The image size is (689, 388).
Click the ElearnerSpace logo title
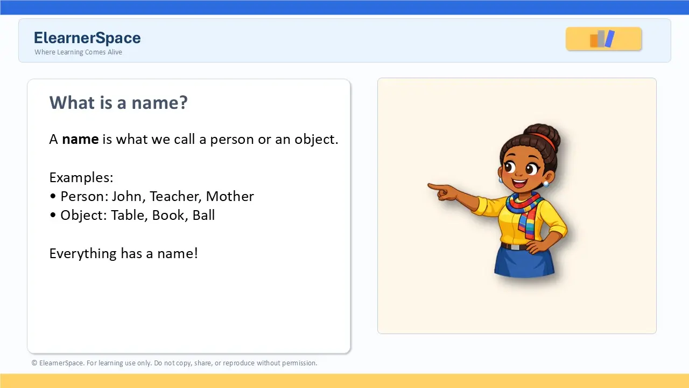point(87,38)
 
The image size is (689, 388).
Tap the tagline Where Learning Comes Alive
point(78,52)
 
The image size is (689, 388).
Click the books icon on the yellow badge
point(602,39)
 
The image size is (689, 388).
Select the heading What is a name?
point(118,102)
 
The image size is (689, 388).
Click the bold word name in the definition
point(80,139)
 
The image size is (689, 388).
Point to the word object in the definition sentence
point(316,140)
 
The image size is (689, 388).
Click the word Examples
point(81,178)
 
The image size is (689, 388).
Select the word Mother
point(230,197)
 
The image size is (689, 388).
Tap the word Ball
point(203,215)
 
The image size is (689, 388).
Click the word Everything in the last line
point(83,254)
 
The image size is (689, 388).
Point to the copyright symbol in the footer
point(34,363)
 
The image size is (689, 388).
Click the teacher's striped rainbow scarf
point(525,213)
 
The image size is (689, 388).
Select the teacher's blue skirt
point(524,261)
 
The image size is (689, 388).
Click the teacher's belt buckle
point(516,247)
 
